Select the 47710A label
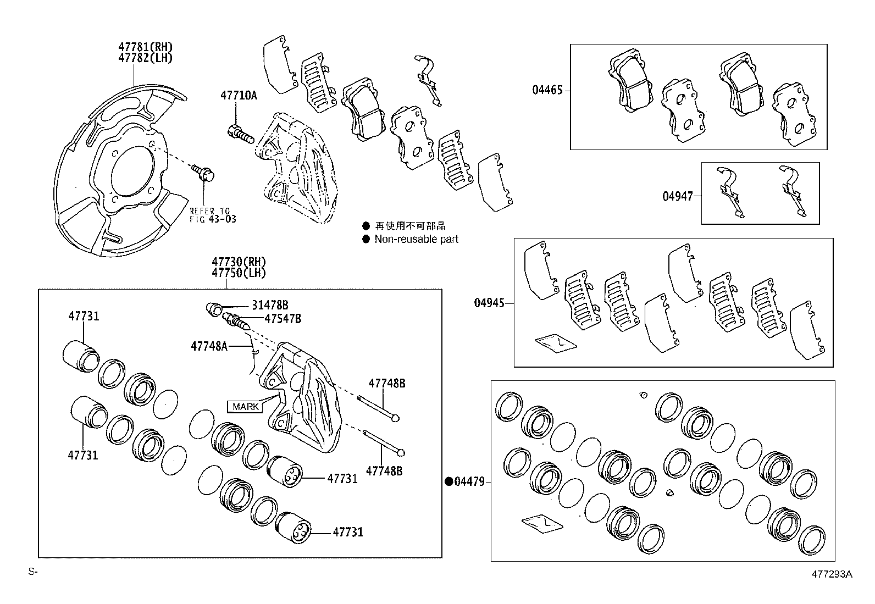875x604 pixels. coord(239,95)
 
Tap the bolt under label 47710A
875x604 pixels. coord(240,132)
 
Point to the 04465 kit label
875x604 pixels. coord(547,90)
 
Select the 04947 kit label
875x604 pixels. coord(677,196)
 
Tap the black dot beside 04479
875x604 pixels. coord(449,482)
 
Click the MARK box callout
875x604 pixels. coord(245,407)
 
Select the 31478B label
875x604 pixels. coord(270,306)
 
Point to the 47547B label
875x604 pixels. coord(283,319)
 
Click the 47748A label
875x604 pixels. coord(209,346)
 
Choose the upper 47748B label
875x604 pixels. coord(386,384)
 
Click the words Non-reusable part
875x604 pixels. coord(416,239)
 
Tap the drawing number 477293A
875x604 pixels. coord(832,574)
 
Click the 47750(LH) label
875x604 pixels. coord(239,273)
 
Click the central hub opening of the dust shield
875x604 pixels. coord(131,171)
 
